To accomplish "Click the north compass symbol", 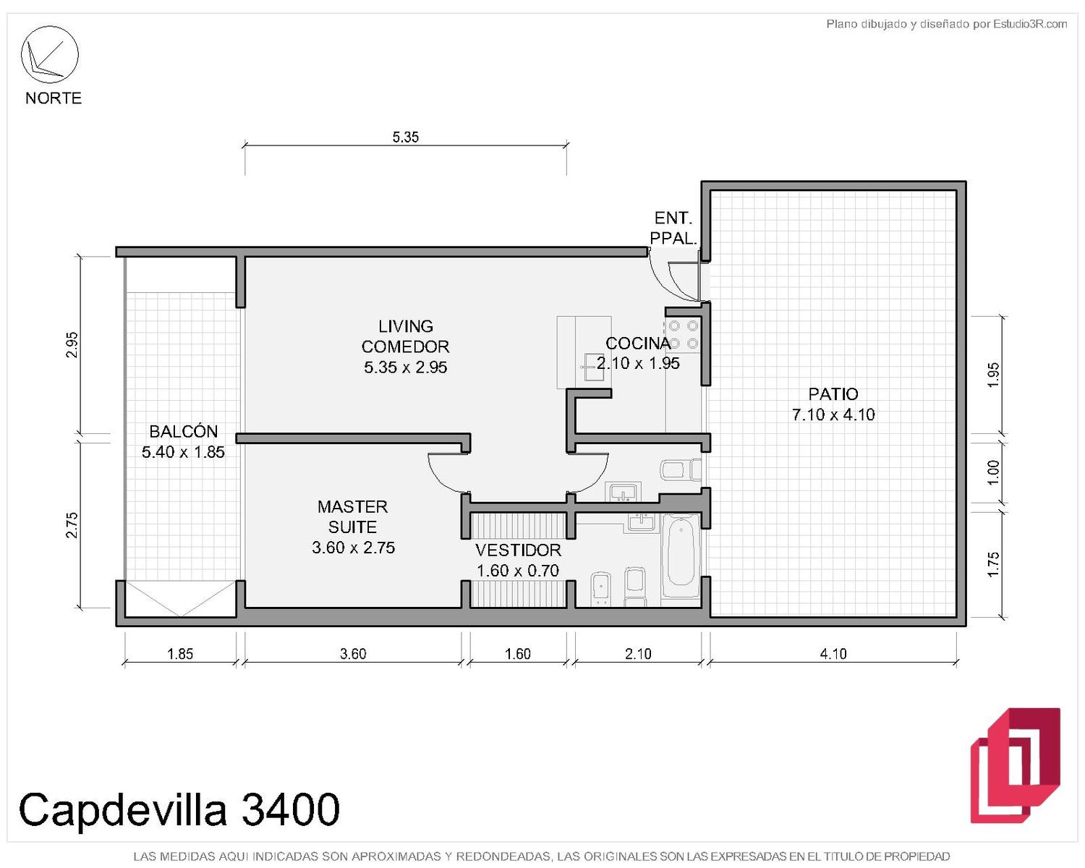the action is (49, 54).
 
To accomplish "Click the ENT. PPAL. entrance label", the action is (673, 228).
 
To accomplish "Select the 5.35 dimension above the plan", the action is (405, 137).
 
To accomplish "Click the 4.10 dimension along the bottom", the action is (833, 654).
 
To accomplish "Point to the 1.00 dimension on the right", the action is (992, 472).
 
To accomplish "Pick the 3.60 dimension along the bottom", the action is (353, 654).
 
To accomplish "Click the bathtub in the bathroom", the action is (681, 556).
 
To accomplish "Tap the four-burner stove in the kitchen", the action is (684, 335).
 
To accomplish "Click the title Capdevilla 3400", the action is (179, 809).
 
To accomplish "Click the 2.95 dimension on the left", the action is (72, 344).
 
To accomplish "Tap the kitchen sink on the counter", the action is (593, 367).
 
